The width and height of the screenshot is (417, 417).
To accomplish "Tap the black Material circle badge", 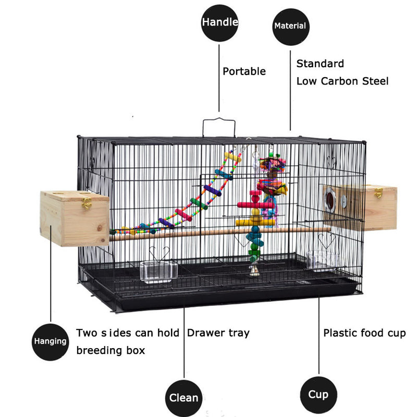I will [x=290, y=25].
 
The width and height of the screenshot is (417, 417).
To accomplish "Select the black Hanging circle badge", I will [x=51, y=342].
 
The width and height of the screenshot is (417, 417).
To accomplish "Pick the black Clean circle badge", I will [x=183, y=398].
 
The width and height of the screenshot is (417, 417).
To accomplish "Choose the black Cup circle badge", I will [x=318, y=394].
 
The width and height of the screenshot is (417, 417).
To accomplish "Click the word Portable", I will [x=244, y=71].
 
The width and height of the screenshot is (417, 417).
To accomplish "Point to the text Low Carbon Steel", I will [x=342, y=81].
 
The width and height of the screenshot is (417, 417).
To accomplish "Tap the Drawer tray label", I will [x=218, y=333].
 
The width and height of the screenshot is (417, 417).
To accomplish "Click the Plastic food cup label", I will [x=364, y=333].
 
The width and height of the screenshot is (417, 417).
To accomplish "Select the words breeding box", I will [x=111, y=350].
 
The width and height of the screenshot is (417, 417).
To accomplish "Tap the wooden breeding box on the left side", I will [x=74, y=218].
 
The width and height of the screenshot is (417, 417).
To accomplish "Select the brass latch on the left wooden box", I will [x=87, y=202].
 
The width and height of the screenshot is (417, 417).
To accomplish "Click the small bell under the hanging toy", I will [x=253, y=270].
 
